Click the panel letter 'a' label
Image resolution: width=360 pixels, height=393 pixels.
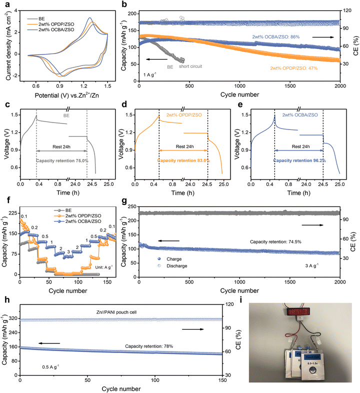tap(3, 4)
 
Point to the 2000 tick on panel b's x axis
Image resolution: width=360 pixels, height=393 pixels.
tap(340, 87)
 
